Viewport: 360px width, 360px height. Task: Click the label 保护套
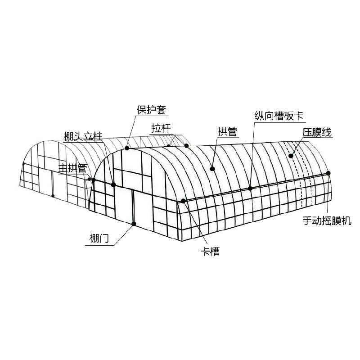click(151, 110)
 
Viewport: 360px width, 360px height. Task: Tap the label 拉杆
click(161, 128)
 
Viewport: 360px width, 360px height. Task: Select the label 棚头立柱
click(83, 136)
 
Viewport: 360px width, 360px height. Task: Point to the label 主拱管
click(73, 168)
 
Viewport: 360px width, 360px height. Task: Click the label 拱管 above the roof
click(227, 132)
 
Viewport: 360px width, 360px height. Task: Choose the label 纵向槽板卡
click(279, 116)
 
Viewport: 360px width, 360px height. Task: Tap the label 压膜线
click(317, 132)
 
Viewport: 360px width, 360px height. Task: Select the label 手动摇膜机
click(327, 220)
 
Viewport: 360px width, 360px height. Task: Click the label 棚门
click(99, 239)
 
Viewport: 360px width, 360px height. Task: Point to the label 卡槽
click(210, 252)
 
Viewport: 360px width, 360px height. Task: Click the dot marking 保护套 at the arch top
click(127, 148)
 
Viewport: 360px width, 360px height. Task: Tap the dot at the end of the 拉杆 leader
click(186, 145)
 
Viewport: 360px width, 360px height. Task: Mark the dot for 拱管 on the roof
click(212, 169)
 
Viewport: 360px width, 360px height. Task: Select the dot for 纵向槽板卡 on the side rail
click(250, 188)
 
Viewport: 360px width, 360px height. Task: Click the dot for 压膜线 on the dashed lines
click(291, 156)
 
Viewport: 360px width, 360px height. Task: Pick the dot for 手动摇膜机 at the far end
click(328, 173)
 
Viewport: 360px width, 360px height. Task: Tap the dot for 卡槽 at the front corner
click(183, 201)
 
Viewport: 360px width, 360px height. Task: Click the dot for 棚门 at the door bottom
click(134, 224)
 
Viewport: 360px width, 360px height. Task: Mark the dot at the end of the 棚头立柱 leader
click(113, 184)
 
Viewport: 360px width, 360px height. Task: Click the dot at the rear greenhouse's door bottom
click(53, 196)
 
